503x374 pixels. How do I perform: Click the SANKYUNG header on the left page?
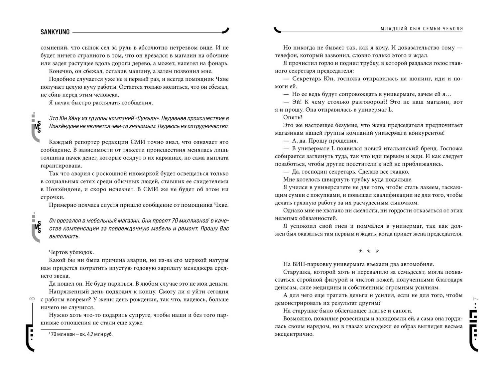click(55, 32)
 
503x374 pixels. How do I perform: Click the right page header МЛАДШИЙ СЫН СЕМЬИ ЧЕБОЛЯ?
click(422, 29)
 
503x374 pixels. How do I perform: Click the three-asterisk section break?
click(368, 252)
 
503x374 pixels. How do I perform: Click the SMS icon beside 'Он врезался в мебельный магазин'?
click(37, 227)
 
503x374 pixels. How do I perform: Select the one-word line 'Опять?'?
click(293, 117)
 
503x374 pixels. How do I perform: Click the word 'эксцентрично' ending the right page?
click(294, 334)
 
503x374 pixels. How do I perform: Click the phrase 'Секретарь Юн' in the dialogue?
click(310, 79)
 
